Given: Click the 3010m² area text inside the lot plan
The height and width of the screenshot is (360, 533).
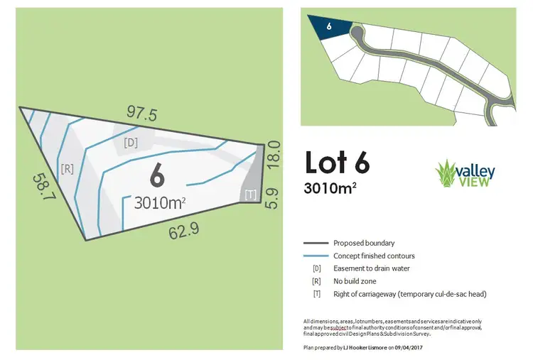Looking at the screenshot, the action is (x=160, y=203).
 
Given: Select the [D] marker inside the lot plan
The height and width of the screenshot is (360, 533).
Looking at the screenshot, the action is (x=131, y=142).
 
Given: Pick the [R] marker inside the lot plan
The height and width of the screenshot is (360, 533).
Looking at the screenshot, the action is (x=68, y=168).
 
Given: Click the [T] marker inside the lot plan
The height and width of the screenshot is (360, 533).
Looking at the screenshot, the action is (x=249, y=194).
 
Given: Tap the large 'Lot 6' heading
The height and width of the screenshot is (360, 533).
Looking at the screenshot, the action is (x=337, y=163).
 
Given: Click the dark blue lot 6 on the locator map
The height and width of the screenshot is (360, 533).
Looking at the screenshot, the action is (x=330, y=25).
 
